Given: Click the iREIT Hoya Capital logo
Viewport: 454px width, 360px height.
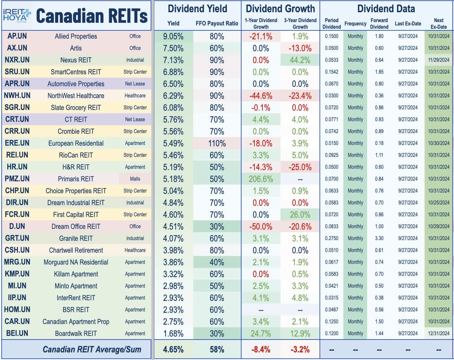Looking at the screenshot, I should click(x=17, y=15).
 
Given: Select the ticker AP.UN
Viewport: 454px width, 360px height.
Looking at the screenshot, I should click(x=17, y=36).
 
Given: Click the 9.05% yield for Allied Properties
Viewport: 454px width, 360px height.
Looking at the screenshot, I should click(x=173, y=36).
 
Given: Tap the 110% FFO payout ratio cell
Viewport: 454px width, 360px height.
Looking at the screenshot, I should click(x=217, y=143).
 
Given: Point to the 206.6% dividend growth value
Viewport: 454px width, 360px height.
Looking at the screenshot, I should click(x=261, y=179).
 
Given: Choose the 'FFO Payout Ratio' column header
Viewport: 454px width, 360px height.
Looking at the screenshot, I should click(x=217, y=23).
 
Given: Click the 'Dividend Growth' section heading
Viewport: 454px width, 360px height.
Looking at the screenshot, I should click(x=280, y=9).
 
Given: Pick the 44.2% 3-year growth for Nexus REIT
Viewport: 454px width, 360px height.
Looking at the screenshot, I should click(x=300, y=60).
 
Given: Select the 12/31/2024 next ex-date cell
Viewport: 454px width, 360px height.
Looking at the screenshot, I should click(x=438, y=334).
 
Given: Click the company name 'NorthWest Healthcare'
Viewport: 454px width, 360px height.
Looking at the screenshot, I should click(x=76, y=96).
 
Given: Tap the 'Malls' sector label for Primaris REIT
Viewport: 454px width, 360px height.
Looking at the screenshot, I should click(x=135, y=179).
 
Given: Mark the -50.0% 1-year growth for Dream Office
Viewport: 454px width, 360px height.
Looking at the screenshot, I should click(x=261, y=227).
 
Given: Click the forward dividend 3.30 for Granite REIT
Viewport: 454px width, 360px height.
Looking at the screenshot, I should click(x=379, y=238).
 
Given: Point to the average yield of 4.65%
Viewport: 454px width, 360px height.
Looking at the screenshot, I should click(x=173, y=349).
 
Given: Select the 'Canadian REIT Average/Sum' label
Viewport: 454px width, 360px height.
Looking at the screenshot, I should click(x=92, y=349).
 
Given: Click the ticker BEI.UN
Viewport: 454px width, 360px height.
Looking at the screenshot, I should click(x=17, y=334).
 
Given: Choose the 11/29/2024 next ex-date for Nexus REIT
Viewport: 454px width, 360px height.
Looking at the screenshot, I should click(x=438, y=60).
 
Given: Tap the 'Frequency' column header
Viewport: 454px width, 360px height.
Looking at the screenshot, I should click(x=355, y=23).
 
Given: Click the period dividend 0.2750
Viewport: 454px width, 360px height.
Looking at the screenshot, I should click(x=331, y=238).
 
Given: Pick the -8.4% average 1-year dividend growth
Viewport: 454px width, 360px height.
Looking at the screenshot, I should click(x=261, y=349).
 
